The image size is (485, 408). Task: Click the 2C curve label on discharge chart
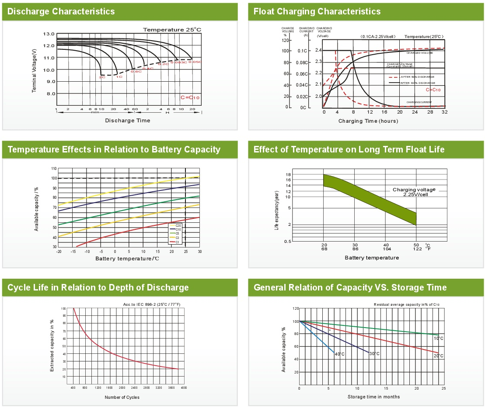101,77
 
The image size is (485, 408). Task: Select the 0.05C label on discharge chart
195,62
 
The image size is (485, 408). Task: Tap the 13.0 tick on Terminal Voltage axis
49,34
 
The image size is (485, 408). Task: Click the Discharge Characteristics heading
61,11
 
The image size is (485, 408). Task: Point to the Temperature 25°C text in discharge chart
172,30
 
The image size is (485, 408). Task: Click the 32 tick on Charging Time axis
444,112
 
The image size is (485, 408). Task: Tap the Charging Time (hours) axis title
368,121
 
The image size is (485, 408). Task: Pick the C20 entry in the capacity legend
178,225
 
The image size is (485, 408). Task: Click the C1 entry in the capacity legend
178,242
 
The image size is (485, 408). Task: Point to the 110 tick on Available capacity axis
54,169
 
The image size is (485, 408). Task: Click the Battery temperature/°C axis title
127,259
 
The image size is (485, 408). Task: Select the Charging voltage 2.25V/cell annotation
415,192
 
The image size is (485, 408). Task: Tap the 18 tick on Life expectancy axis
288,175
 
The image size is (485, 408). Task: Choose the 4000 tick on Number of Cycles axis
184,388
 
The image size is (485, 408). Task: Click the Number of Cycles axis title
122,397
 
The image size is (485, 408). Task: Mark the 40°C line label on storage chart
339,354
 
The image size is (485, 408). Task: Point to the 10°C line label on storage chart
439,339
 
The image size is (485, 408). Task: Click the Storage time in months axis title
373,397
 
